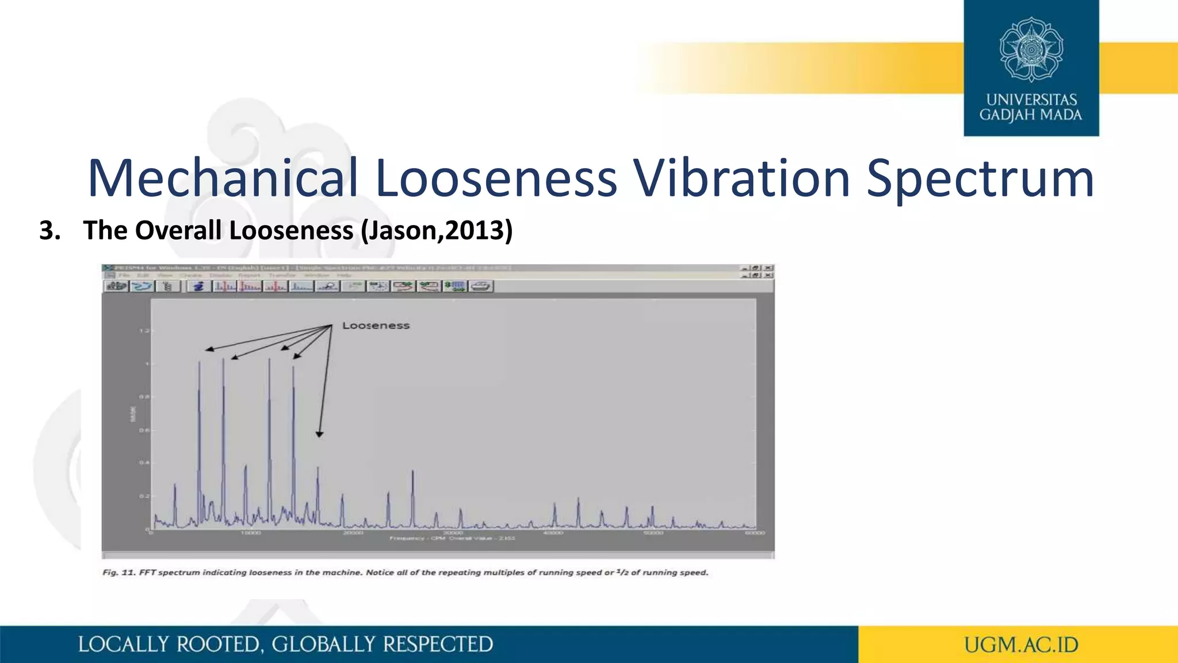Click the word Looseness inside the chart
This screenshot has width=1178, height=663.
click(x=376, y=326)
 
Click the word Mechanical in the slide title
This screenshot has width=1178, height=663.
click(x=223, y=178)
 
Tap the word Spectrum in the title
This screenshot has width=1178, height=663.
click(x=980, y=178)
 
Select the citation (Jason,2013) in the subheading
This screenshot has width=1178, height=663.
click(x=436, y=230)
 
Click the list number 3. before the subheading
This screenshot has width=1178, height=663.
click(x=50, y=230)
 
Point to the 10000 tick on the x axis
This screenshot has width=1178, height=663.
click(x=251, y=534)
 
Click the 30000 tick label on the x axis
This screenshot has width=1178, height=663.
click(x=453, y=534)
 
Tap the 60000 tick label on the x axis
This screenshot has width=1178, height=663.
click(x=755, y=534)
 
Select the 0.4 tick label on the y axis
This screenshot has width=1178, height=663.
click(x=144, y=463)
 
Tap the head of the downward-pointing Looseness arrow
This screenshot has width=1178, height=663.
click(x=319, y=435)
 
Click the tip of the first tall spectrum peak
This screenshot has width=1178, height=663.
click(x=199, y=363)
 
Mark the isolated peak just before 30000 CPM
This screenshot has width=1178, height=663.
click(x=412, y=472)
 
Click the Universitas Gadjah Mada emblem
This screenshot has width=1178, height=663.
click(x=1031, y=49)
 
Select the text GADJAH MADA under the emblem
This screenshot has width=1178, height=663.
click(x=1031, y=115)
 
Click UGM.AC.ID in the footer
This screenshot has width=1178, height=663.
click(x=1021, y=645)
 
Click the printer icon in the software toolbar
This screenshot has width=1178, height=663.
click(x=481, y=286)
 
